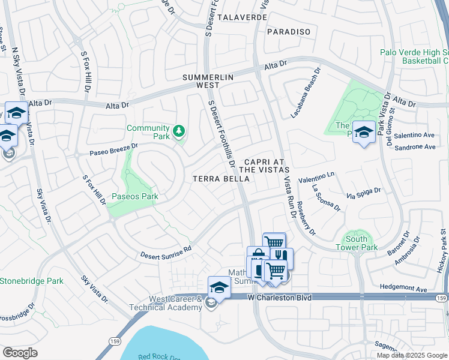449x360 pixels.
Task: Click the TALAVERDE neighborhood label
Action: [x=242, y=17]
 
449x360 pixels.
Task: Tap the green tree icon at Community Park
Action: [x=178, y=130]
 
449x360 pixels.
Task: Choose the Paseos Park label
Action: [x=135, y=196]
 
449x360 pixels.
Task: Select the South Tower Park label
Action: [x=357, y=243]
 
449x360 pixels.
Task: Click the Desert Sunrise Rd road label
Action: [x=166, y=251]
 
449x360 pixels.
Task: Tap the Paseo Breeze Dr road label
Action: [x=113, y=149]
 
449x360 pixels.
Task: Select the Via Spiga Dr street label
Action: [x=363, y=193]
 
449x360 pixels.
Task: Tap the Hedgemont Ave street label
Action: [x=405, y=289]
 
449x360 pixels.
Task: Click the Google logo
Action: [x=20, y=352]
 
